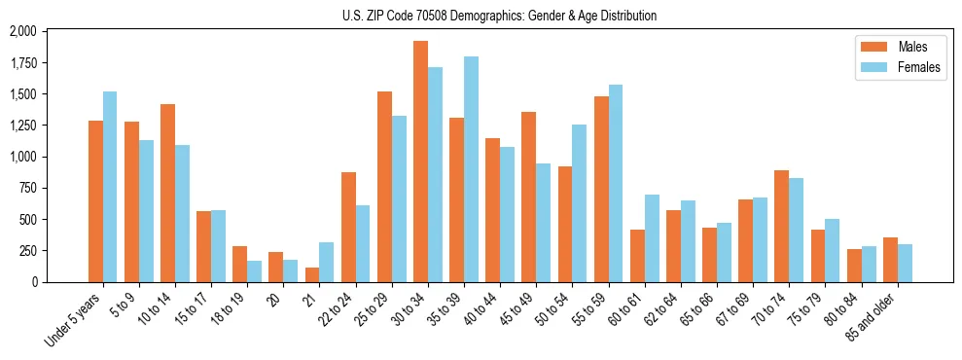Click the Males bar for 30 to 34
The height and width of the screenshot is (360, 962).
click(x=420, y=162)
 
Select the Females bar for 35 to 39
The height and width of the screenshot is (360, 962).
click(x=471, y=169)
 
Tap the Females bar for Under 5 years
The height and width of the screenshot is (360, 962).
click(x=110, y=187)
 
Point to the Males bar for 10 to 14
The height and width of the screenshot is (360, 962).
click(x=167, y=193)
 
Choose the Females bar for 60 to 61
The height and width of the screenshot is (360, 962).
click(x=652, y=238)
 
